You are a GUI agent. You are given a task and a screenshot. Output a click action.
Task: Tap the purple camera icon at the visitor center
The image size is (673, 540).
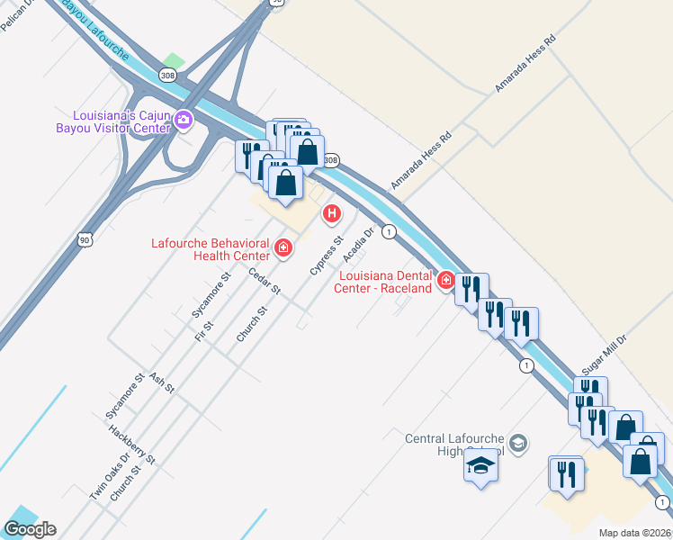point(184,120)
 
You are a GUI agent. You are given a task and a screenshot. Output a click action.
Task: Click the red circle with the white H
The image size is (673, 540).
point(332,213)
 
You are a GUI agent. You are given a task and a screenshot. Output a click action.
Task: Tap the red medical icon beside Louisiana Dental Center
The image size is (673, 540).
point(444,281)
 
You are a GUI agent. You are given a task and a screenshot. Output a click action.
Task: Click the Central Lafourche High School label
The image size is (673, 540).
point(453,444)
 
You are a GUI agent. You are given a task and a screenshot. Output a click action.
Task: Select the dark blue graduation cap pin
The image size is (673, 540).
point(480,467)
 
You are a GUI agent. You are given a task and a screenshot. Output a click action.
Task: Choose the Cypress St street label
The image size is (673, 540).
point(327,256)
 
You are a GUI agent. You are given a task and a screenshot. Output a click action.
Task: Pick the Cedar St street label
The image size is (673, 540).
point(265,283)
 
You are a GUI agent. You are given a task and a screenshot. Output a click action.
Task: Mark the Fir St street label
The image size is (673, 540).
point(202,330)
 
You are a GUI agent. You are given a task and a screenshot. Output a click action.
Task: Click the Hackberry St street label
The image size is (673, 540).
point(132,444)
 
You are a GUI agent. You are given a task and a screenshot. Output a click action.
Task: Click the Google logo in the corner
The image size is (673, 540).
point(30,529)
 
